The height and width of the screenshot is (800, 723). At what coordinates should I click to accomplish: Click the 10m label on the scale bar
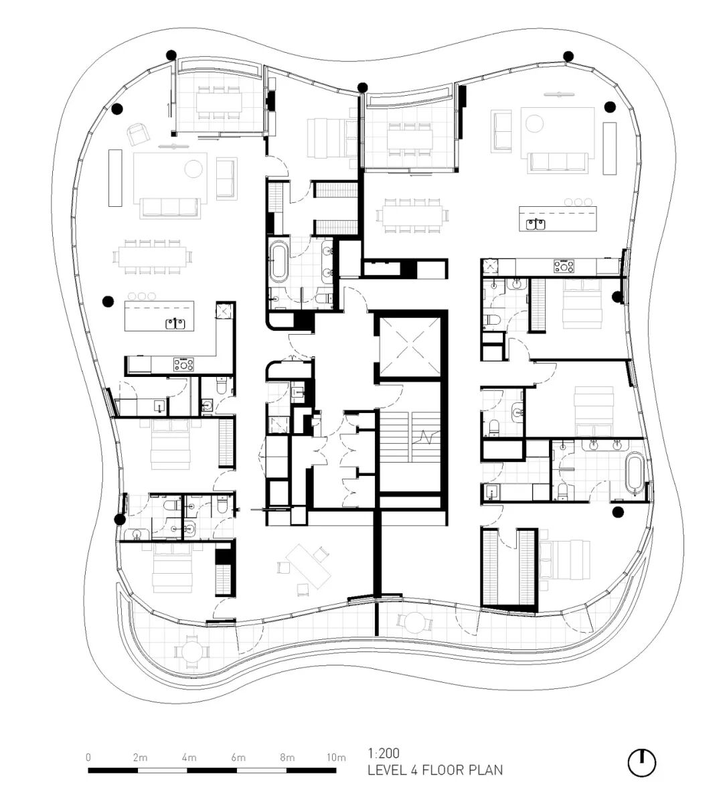coord(336,758)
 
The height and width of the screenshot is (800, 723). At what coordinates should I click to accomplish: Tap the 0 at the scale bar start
coord(88,758)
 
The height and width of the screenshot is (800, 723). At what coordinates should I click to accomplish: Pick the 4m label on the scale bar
coord(189,758)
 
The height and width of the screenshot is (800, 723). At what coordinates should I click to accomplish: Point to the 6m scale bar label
coord(238,758)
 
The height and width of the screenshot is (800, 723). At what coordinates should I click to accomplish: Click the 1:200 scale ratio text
coord(384,753)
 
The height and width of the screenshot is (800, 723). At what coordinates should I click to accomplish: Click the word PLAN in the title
coord(484,770)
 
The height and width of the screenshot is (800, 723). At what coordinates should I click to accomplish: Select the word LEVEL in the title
coord(388,770)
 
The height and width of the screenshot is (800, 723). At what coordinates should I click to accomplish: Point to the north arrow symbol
coord(641,763)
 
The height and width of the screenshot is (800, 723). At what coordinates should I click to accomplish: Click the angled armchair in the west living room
coord(137,134)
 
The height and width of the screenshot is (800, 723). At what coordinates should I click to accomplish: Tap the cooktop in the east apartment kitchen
coord(564,266)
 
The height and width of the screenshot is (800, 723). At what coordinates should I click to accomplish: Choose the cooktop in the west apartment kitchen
coord(183,364)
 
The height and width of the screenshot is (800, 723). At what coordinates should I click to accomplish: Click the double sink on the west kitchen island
coord(176,323)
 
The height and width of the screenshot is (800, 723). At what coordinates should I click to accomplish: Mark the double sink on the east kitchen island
coord(536,224)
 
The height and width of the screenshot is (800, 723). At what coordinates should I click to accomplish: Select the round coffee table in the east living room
coord(535,123)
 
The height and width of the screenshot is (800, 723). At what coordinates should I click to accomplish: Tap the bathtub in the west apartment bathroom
coord(279,262)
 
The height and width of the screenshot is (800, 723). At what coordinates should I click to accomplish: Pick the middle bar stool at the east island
coord(578,202)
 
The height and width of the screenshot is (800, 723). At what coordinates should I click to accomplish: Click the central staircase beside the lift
coord(410,436)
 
